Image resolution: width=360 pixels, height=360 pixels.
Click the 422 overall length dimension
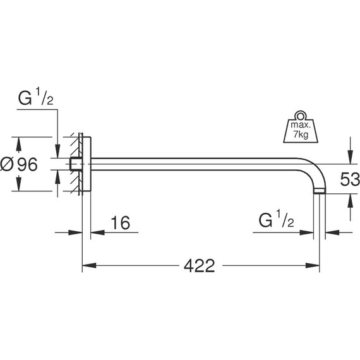pyautogui.click(x=200, y=266)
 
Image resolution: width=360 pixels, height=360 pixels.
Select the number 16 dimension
pyautogui.click(x=120, y=222)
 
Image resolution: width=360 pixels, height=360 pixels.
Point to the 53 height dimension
pyautogui.click(x=349, y=179)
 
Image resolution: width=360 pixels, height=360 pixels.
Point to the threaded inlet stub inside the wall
pyautogui.click(x=76, y=165)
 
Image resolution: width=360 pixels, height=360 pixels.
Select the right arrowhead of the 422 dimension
pyautogui.click(x=315, y=266)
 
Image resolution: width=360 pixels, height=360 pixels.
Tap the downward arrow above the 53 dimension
pyautogui.click(x=349, y=153)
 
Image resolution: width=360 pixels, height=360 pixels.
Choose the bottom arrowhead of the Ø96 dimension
pyautogui.click(x=18, y=188)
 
